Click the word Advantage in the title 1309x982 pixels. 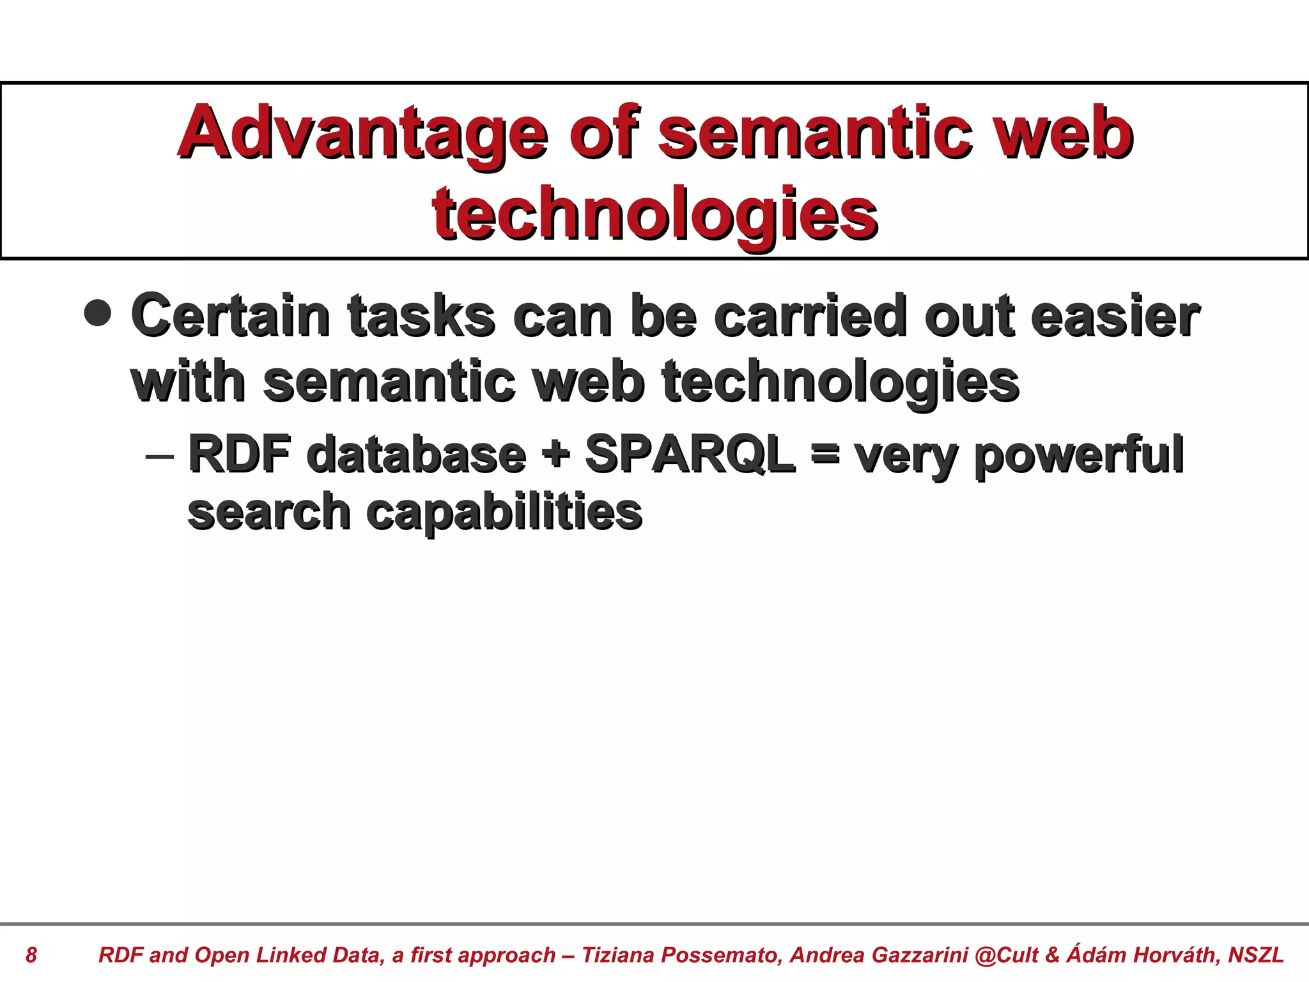(362, 134)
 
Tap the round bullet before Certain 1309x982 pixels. (98, 313)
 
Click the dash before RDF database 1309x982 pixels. (159, 456)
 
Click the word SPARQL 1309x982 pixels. (690, 454)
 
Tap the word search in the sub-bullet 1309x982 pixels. (268, 512)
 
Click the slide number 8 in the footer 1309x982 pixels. (31, 955)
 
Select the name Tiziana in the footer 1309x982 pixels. (618, 955)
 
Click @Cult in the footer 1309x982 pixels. (1007, 955)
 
